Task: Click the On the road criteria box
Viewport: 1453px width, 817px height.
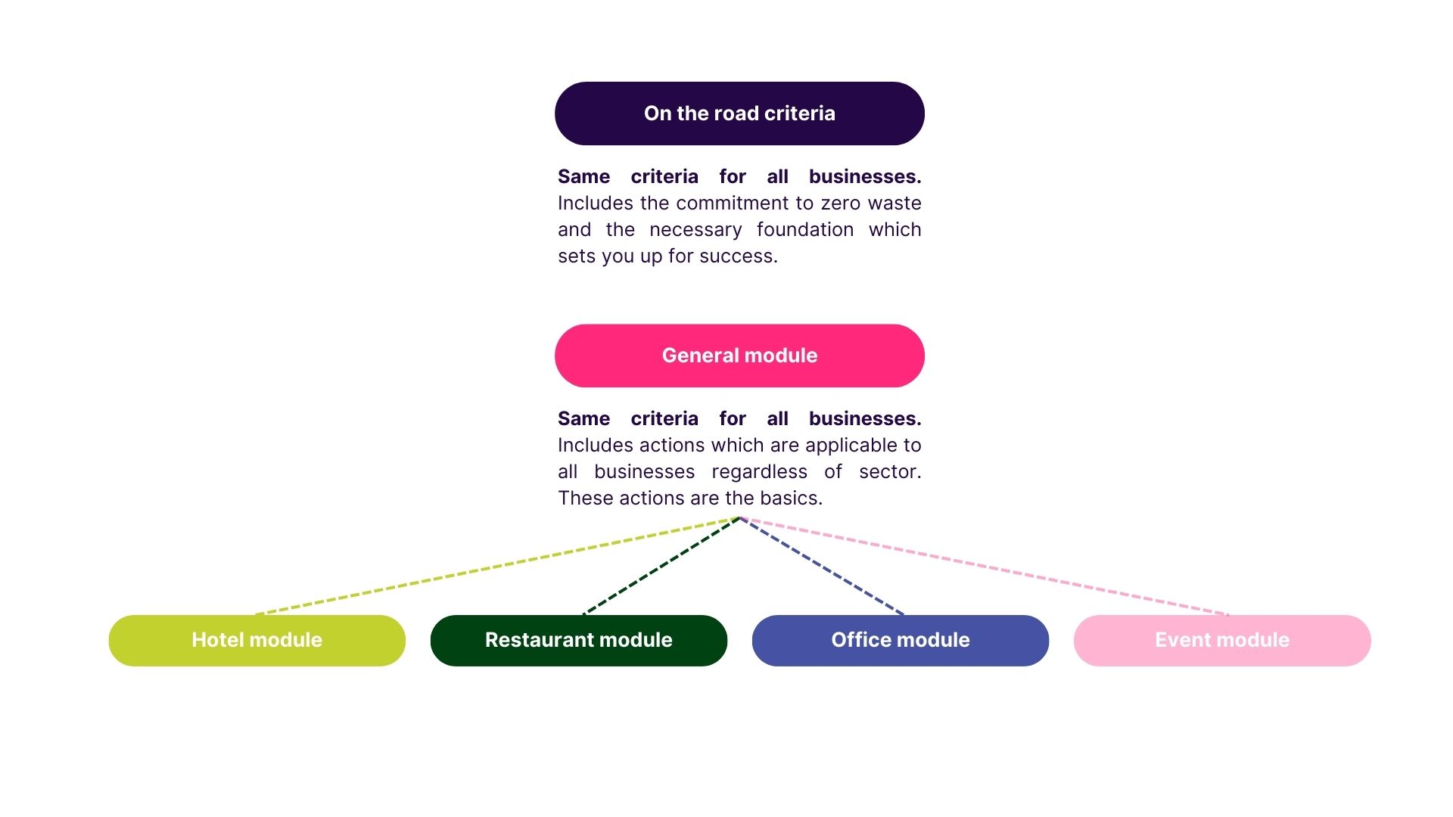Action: pos(739,113)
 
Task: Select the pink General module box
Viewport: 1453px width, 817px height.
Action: pos(739,356)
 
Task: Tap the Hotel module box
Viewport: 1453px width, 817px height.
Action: pos(257,640)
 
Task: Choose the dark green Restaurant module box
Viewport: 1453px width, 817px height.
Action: pos(578,640)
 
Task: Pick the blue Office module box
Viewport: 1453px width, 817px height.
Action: pos(900,640)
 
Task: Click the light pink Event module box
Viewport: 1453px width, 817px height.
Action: pos(1221,640)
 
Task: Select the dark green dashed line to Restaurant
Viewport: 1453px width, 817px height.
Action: pos(661,566)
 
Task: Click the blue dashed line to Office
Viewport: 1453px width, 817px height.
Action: pos(822,566)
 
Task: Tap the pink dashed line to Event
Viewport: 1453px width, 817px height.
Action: pos(984,566)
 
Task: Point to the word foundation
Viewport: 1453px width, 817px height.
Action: pos(804,230)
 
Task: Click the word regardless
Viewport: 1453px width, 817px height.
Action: pos(759,473)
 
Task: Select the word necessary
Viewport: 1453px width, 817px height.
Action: pos(695,231)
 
